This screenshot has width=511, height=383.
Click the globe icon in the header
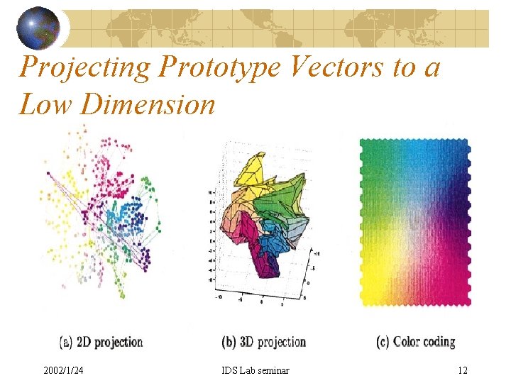(x=38, y=28)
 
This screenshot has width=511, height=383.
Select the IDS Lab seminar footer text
(x=255, y=370)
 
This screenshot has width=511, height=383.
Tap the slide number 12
(x=463, y=370)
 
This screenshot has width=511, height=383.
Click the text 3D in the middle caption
(x=246, y=342)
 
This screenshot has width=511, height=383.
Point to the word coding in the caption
(x=440, y=342)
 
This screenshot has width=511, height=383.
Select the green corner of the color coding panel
(x=369, y=149)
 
